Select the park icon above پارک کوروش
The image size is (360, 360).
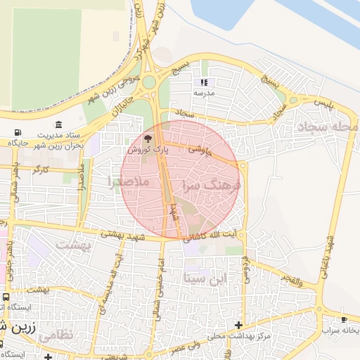[147, 138]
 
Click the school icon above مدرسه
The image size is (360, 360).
[204, 82]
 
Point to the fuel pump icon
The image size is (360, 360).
[16, 133]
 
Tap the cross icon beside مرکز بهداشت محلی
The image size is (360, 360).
[239, 325]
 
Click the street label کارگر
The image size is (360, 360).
[41, 169]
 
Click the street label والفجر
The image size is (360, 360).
[290, 282]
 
